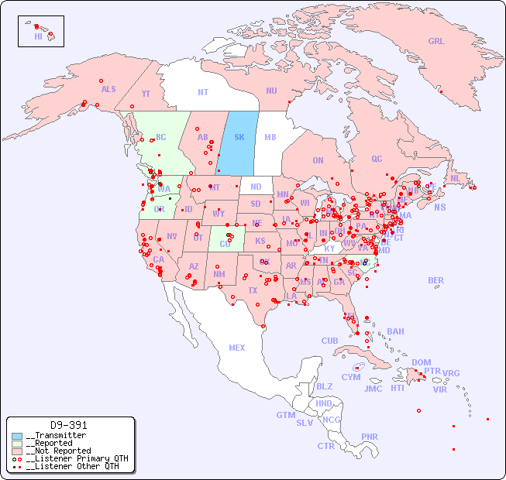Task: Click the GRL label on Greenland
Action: [436, 42]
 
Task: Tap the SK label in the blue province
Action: [239, 137]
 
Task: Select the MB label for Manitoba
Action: [270, 137]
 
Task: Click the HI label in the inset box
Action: [39, 36]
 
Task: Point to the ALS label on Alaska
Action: [108, 89]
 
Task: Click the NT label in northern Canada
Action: [203, 91]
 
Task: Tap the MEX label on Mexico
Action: [237, 348]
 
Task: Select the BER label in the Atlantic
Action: [436, 280]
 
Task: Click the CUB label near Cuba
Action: [330, 341]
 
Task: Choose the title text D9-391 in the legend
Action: [69, 425]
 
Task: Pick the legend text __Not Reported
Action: [58, 451]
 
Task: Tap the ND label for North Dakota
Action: [256, 187]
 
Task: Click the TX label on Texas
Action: [253, 290]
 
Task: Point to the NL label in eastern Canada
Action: [456, 178]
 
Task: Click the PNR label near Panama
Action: [370, 437]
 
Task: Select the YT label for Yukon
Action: [146, 93]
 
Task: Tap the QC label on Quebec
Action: [377, 159]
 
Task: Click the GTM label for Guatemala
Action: [286, 415]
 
